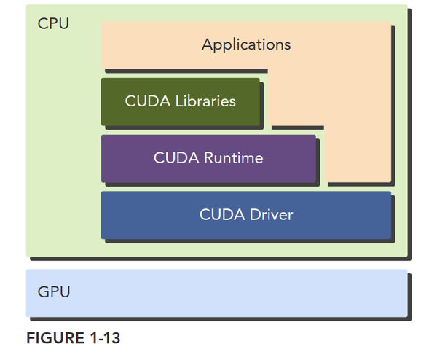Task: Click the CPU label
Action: click(53, 24)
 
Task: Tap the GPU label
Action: click(54, 292)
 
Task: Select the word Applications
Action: click(246, 44)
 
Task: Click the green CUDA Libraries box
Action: click(180, 101)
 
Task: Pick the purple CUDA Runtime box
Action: click(208, 157)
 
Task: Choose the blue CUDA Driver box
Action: click(245, 215)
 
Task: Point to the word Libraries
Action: click(205, 101)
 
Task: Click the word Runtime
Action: click(233, 157)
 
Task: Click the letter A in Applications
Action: click(207, 44)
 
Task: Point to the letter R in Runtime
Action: click(208, 157)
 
